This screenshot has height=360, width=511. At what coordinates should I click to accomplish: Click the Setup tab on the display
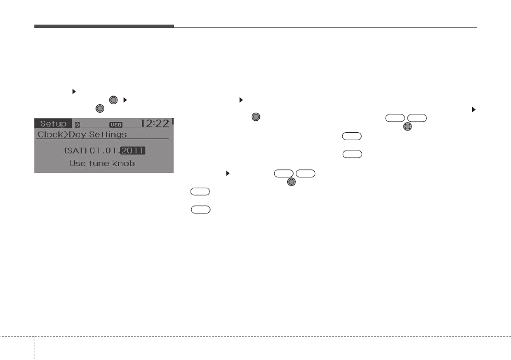tap(53, 124)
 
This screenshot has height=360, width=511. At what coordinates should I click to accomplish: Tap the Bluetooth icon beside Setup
tap(77, 125)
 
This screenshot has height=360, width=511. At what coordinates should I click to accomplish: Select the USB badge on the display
tap(116, 125)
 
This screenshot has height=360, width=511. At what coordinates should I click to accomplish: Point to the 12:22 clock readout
tap(155, 123)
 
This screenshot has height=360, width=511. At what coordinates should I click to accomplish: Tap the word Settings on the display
tap(108, 134)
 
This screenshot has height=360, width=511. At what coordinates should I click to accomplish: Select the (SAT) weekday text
tap(76, 151)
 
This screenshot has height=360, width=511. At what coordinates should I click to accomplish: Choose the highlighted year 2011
tap(133, 151)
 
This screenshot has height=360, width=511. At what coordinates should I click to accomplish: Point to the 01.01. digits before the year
tap(105, 151)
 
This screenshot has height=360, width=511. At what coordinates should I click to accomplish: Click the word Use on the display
tap(77, 163)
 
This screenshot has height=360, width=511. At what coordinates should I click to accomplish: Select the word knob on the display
tap(124, 163)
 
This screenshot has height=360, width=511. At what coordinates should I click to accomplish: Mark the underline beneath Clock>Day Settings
tap(102, 139)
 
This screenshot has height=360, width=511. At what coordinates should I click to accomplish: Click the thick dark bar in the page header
tap(104, 26)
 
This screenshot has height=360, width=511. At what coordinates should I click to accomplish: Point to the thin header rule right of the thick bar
tap(326, 27)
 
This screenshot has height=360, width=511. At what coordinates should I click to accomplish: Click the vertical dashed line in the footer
tap(34, 348)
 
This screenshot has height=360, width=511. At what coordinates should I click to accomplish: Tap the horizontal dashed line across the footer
tap(255, 336)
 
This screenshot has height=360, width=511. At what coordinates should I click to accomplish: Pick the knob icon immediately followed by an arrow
tap(113, 100)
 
